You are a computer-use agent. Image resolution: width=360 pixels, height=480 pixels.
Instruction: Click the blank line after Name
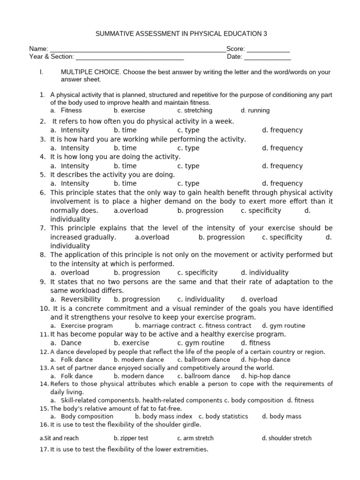[x=137, y=49]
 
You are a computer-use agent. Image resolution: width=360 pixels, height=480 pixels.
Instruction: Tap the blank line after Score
[x=268, y=49]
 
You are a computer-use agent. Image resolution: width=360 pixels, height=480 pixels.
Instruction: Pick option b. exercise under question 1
[x=129, y=111]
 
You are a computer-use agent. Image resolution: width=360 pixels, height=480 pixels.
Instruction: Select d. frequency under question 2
[x=282, y=130]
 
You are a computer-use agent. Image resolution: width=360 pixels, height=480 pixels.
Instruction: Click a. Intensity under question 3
[x=70, y=148]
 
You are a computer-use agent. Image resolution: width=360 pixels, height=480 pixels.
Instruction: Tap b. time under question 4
[x=125, y=166]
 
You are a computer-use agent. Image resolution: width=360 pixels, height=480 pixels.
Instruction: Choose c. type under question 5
[x=188, y=184]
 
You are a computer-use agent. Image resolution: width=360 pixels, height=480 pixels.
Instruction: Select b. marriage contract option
[x=165, y=326]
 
